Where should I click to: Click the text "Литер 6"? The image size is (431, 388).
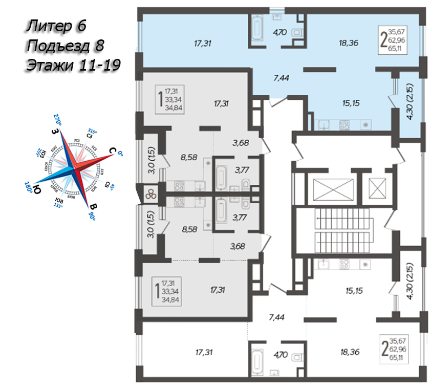coord(56,25)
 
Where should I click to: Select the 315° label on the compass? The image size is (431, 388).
coord(93,131)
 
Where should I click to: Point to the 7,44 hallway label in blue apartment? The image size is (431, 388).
coord(282,78)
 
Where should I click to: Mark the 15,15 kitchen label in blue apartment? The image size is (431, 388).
coord(351,103)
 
